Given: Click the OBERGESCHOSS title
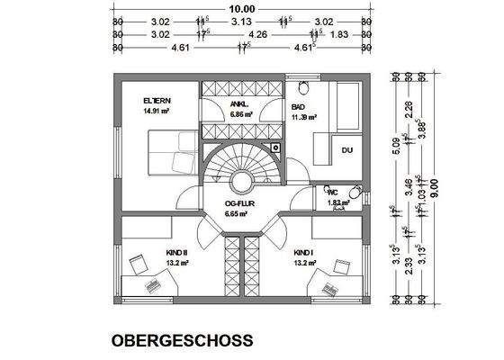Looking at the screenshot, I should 182,341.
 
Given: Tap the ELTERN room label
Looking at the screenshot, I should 157,101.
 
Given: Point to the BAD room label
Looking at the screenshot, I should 298,106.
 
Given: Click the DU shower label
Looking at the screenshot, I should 347,150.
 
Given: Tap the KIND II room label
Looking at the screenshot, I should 150,254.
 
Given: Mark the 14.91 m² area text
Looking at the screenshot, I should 157,112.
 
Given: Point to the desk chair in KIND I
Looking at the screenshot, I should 341,265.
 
